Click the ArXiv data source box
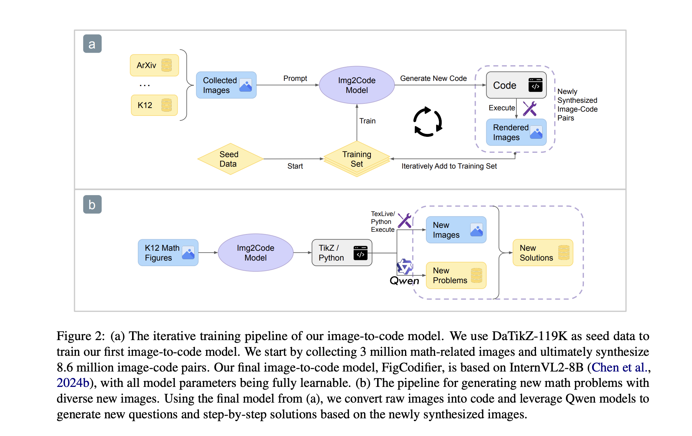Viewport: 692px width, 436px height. point(154,65)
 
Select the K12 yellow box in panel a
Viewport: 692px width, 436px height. point(154,105)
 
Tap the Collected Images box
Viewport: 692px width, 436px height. point(226,85)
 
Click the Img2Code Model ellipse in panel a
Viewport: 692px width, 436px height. point(356,85)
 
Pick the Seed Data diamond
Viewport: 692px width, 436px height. point(230,159)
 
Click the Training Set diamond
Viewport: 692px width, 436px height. point(356,159)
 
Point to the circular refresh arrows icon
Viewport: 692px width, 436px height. point(428,121)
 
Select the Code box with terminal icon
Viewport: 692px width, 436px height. point(516,85)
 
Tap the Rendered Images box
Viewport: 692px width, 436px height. point(516,132)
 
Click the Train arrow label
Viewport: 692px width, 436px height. point(367,121)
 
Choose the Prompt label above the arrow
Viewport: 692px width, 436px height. point(295,79)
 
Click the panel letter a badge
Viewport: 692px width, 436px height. point(92,44)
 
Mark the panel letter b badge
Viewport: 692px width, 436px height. point(92,205)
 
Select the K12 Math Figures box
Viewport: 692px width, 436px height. point(168,253)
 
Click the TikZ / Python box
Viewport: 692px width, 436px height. point(342,253)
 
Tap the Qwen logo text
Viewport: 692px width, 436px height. point(404,281)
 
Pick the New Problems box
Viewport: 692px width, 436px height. point(456,275)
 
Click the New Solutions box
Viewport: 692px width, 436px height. point(543,253)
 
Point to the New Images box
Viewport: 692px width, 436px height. point(456,230)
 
